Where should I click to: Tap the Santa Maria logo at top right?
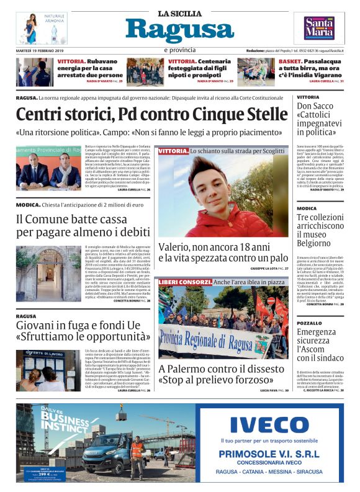(318, 28)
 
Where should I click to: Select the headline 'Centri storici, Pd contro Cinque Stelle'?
(152, 114)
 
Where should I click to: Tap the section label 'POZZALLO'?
(309, 323)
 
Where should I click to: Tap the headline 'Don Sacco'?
(315, 106)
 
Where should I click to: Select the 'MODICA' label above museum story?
(307, 208)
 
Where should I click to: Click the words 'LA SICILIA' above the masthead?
(179, 13)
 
